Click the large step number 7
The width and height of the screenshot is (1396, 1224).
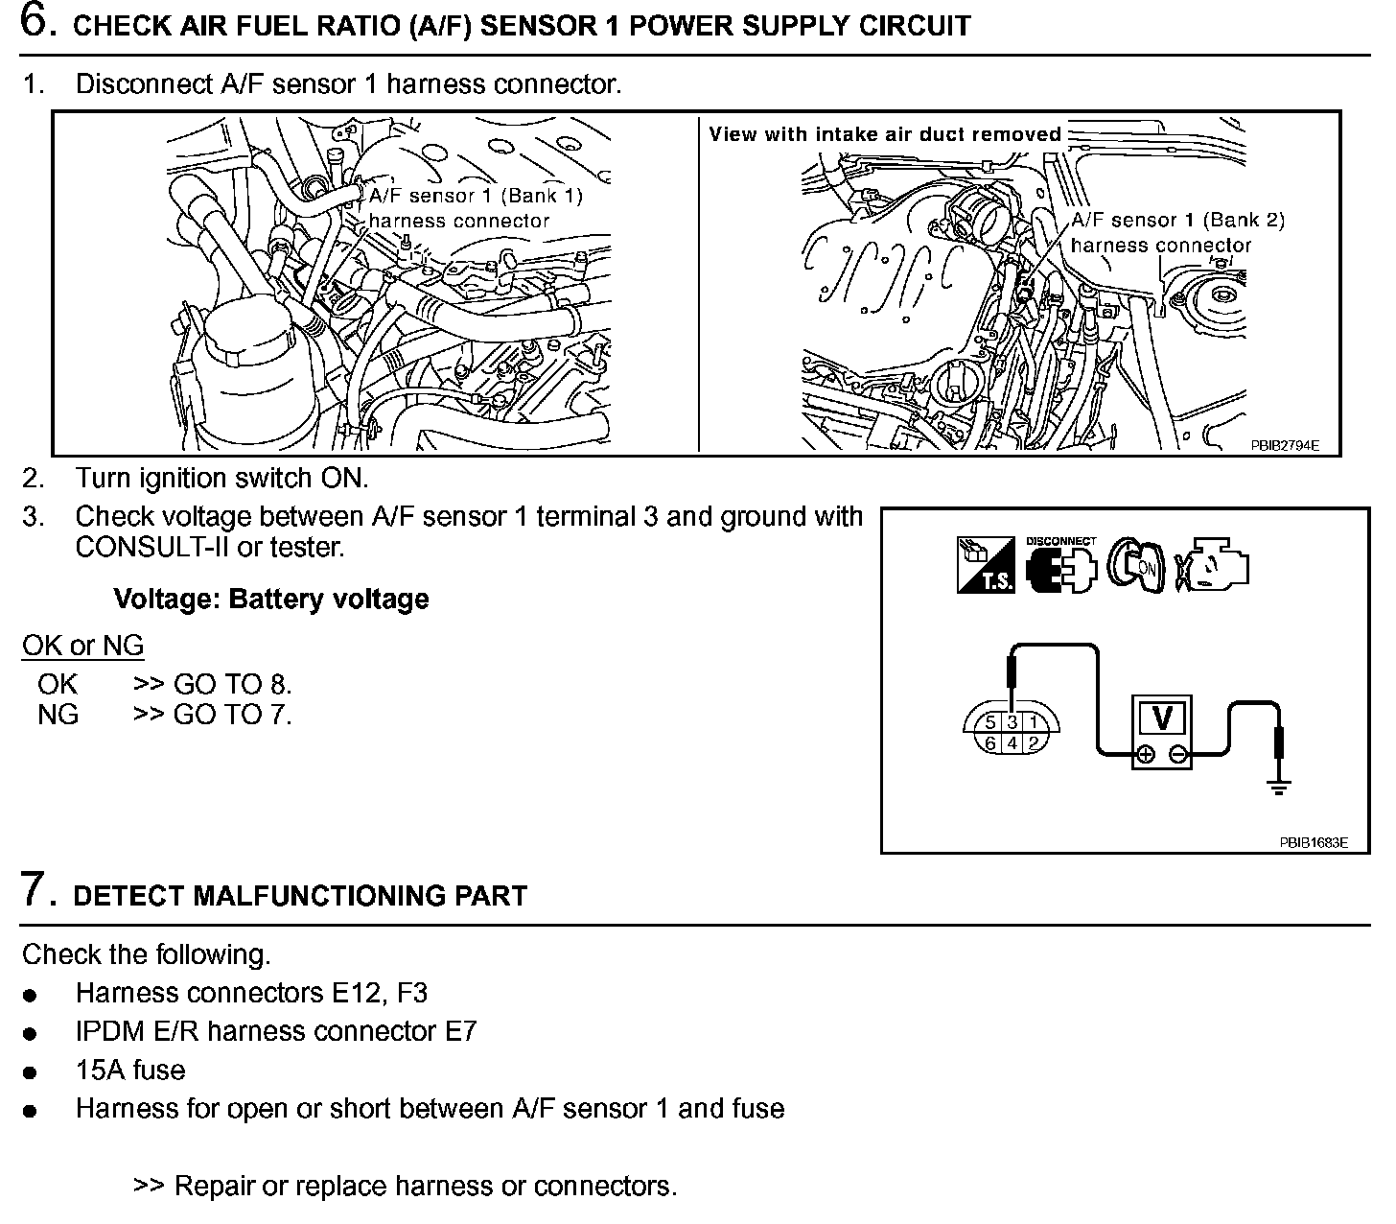tap(35, 889)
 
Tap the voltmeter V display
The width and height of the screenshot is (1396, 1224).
tap(1161, 718)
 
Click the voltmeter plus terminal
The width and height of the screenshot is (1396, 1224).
tap(1144, 756)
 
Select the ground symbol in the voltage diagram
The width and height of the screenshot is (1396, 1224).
tap(1278, 788)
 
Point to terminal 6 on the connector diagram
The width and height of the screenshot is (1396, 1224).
tap(990, 742)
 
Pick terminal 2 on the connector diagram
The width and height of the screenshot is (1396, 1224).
tap(1033, 742)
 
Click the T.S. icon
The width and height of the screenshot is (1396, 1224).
tap(986, 565)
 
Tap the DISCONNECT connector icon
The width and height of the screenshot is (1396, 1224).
tap(1060, 565)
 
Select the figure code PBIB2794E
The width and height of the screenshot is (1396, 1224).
tap(1285, 445)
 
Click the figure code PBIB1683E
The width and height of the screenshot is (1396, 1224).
tap(1313, 843)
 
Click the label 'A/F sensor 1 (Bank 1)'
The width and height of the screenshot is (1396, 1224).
tap(476, 196)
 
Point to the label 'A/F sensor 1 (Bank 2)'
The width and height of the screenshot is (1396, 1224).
tap(1177, 221)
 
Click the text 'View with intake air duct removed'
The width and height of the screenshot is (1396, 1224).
tap(885, 134)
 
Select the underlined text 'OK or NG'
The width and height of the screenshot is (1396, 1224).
tap(82, 646)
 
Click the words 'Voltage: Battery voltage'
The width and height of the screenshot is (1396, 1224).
tap(271, 600)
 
